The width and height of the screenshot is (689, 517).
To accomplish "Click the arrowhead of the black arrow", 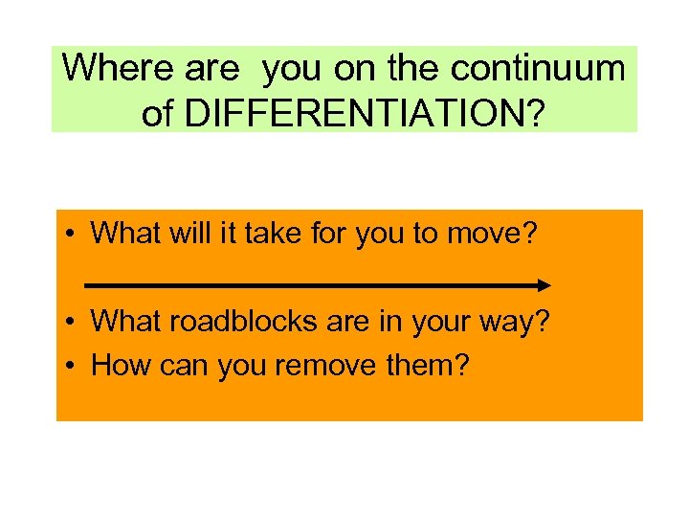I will pyautogui.click(x=543, y=285).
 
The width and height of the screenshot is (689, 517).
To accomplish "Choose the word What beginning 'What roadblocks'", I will pyautogui.click(x=125, y=322).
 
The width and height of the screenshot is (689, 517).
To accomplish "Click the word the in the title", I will pyautogui.click(x=418, y=68).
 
